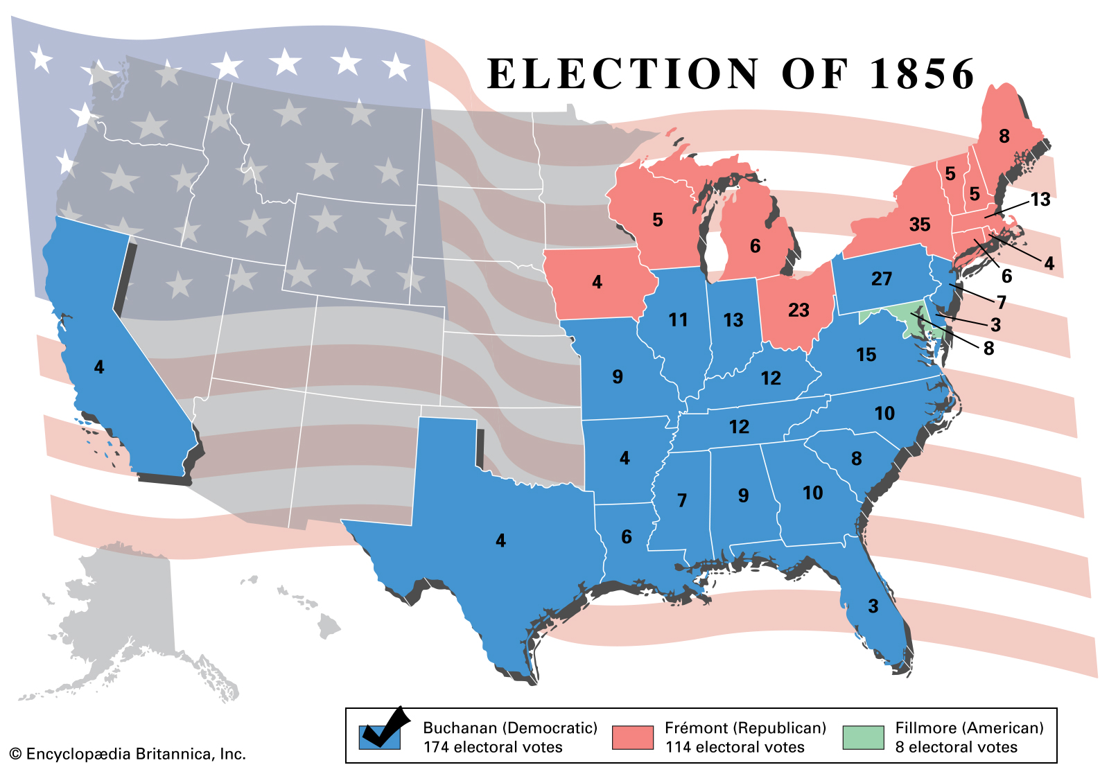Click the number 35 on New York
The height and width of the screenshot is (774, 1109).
click(x=919, y=225)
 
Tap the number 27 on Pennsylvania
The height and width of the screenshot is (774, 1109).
click(x=881, y=279)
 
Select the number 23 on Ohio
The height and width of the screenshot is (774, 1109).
click(x=798, y=310)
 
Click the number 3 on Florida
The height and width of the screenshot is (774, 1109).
click(x=873, y=606)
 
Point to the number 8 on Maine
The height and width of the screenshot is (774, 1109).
click(x=1004, y=136)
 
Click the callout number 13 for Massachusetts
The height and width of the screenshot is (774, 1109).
click(x=1040, y=200)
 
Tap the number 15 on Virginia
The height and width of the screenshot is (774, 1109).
click(x=866, y=355)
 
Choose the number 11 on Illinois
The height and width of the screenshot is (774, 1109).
click(x=678, y=319)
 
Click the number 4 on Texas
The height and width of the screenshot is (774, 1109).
click(x=500, y=540)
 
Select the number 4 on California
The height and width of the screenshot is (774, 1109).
click(x=99, y=367)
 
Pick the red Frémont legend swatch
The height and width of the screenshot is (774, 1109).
click(x=632, y=737)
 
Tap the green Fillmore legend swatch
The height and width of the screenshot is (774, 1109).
click(x=863, y=737)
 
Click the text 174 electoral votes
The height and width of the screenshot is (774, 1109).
click(x=493, y=747)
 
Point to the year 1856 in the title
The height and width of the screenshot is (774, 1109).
click(x=922, y=73)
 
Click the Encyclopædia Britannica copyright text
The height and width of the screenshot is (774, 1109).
click(x=128, y=754)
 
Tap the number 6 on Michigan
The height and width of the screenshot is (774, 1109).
click(x=755, y=246)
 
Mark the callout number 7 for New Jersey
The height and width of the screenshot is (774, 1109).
click(x=1001, y=302)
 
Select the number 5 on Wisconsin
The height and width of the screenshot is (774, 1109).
click(x=657, y=220)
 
